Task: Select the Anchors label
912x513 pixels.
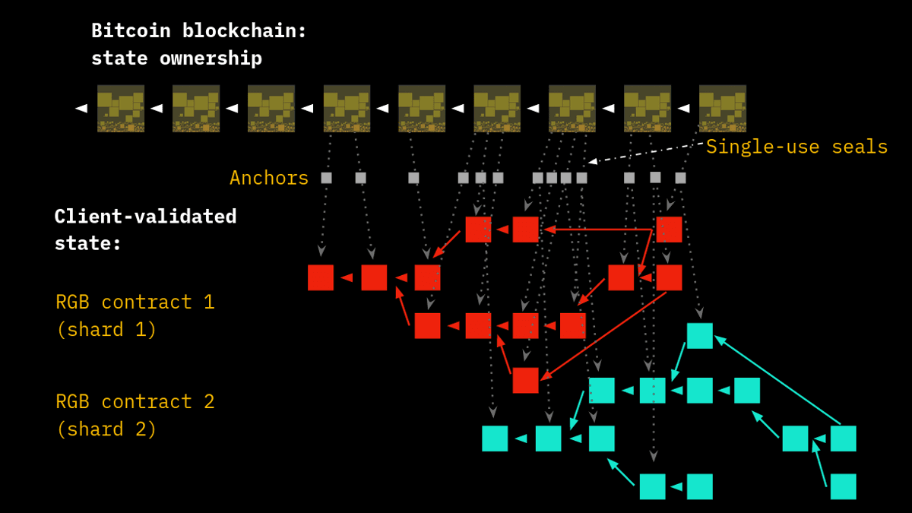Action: (x=269, y=178)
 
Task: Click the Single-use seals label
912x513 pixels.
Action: (x=796, y=147)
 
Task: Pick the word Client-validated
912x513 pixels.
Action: (x=145, y=217)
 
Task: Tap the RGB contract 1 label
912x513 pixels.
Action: (x=135, y=302)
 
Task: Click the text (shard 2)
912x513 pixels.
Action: (x=106, y=429)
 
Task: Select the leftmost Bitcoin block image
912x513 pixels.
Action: (x=121, y=108)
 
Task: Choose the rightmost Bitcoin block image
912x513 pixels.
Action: (x=722, y=108)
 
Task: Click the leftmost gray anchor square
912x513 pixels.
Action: (x=326, y=178)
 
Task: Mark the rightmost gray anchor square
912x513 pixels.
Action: (x=680, y=178)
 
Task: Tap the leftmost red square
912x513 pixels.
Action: (x=321, y=277)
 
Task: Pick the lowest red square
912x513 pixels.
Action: (x=525, y=380)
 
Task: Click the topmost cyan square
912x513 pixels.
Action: (x=699, y=335)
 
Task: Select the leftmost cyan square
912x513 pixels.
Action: (x=495, y=439)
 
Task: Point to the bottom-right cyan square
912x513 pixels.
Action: (x=843, y=486)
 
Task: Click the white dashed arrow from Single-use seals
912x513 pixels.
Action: (x=646, y=153)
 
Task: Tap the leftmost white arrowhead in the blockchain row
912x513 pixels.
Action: (x=81, y=109)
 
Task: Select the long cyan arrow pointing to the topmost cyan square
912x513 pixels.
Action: (x=779, y=381)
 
